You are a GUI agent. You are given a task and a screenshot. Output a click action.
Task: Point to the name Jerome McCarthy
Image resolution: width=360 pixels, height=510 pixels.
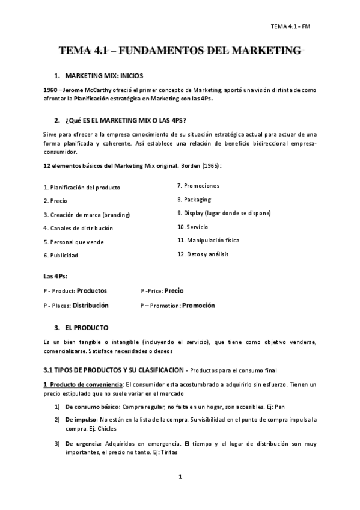pyautogui.click(x=84, y=90)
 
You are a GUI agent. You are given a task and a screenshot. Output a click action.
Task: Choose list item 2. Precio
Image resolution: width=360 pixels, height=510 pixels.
pyautogui.click(x=55, y=200)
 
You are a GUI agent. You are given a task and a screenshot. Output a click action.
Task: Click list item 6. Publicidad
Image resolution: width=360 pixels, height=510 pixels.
pyautogui.click(x=61, y=255)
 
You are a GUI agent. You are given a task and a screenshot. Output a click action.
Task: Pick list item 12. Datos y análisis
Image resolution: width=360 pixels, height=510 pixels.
pyautogui.click(x=203, y=254)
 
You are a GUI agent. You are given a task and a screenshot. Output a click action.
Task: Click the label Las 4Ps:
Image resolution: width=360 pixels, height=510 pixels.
pyautogui.click(x=55, y=276)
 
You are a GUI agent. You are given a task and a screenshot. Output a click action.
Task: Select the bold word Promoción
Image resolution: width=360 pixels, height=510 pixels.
pyautogui.click(x=198, y=306)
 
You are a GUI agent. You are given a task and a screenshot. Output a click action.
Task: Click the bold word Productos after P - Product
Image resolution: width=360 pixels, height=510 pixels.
pyautogui.click(x=92, y=290)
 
